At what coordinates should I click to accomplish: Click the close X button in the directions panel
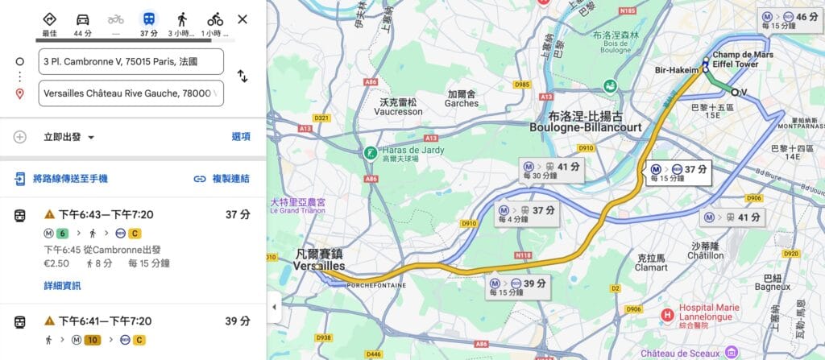(243, 19)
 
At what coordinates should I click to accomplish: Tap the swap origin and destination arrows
(242, 77)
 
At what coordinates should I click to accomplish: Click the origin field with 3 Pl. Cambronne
(131, 61)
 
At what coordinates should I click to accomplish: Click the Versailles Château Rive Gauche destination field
(131, 93)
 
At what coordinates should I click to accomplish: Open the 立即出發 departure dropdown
(69, 137)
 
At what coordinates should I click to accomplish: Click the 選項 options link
(241, 137)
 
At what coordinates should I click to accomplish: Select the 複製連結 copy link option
(222, 179)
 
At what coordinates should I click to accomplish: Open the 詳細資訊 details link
(62, 286)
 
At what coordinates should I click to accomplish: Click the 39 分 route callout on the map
(519, 287)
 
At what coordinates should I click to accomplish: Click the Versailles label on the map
(319, 266)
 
